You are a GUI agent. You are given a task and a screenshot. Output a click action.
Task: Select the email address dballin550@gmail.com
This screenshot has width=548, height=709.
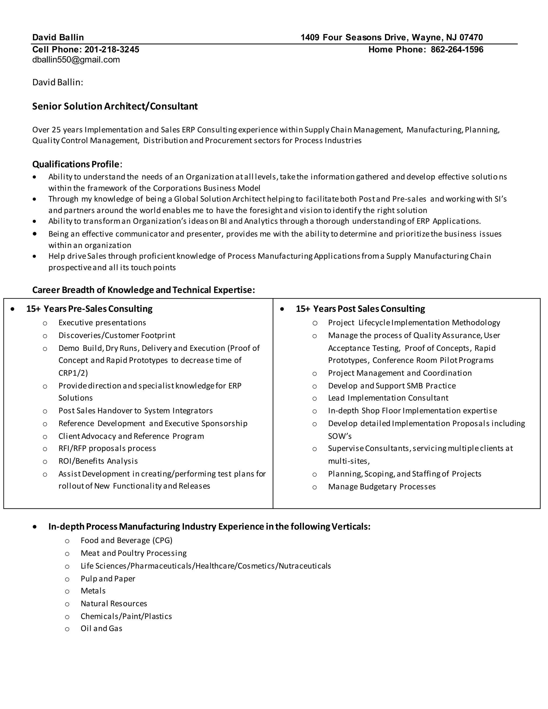[76, 60]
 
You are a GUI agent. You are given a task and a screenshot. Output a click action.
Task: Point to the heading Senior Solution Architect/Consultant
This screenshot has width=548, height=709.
[115, 106]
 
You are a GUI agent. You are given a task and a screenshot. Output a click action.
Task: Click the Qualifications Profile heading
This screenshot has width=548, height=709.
[76, 164]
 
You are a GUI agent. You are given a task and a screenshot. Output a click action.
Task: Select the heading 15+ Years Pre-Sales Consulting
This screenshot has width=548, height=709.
[89, 309]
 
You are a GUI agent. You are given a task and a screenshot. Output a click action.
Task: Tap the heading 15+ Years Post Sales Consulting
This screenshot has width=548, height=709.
[360, 309]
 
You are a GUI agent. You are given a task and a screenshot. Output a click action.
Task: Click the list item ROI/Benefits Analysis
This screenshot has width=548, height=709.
[98, 461]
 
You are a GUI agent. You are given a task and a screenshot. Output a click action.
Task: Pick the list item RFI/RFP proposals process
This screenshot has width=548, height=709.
[107, 448]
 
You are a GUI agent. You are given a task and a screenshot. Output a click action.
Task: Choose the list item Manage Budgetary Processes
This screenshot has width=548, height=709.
[382, 487]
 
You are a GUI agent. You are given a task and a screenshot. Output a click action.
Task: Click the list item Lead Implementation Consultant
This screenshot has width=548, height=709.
[388, 398]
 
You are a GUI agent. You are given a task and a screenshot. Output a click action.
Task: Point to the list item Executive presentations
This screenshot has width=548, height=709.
[102, 323]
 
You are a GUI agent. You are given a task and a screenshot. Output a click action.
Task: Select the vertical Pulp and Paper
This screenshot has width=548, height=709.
[108, 578]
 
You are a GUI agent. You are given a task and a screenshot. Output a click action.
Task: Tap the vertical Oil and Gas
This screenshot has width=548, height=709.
[101, 628]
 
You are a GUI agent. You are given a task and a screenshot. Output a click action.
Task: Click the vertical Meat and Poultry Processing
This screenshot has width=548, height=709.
[134, 553]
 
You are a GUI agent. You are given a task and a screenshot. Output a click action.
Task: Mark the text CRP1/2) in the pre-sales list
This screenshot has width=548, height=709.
[73, 373]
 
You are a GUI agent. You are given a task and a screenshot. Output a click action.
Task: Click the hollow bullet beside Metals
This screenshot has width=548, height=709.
[67, 592]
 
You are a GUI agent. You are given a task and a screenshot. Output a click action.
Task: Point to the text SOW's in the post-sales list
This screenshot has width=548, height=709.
[340, 436]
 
